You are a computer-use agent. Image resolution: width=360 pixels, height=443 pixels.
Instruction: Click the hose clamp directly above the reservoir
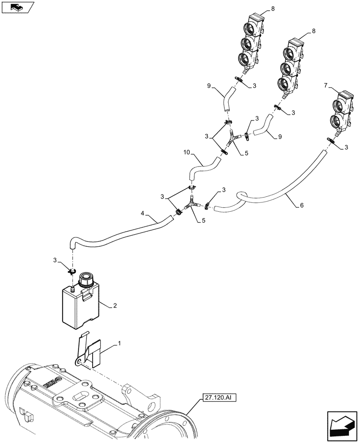click(x=73, y=271)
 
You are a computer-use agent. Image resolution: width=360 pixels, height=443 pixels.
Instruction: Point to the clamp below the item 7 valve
click(x=333, y=140)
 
